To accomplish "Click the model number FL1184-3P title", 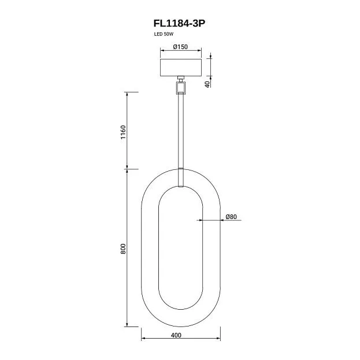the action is point(179,23).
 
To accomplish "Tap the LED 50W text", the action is point(164,34).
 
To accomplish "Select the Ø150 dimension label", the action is point(180,47).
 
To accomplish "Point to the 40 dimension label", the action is point(207,84).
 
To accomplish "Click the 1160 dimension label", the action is point(123,132).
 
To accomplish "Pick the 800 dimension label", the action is point(123,248).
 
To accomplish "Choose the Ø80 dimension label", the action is point(231,217).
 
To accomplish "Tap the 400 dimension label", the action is point(176,335).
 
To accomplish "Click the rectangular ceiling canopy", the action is point(181,68).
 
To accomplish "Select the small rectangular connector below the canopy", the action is point(181,88).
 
